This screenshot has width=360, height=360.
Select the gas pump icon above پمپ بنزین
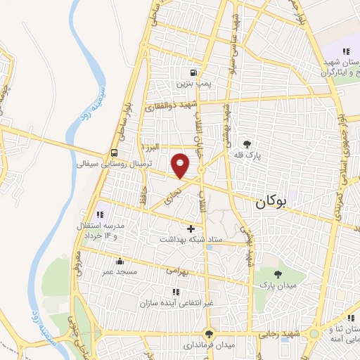click(192, 72)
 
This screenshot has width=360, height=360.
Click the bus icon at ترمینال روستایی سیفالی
click(114, 153)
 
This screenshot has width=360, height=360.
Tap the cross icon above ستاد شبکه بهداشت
click(191, 229)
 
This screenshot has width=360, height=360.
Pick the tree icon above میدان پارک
click(279, 274)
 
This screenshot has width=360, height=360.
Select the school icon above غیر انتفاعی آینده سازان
click(174, 292)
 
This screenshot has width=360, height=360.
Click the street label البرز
click(150, 148)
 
